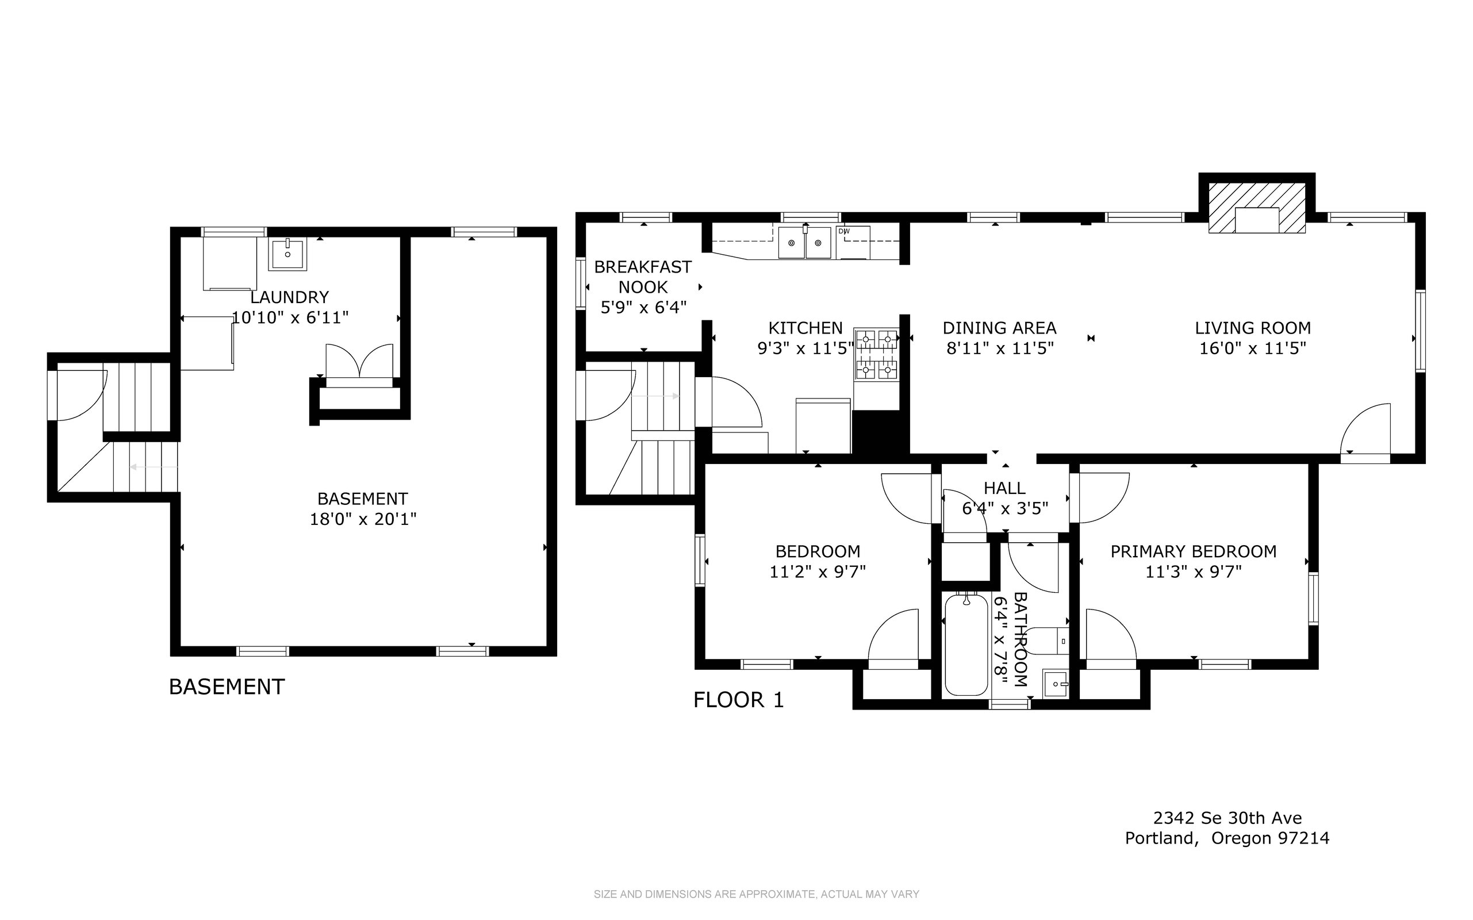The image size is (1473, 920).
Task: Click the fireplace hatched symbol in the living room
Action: pyautogui.click(x=1256, y=208)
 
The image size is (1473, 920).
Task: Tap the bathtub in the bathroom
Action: pyautogui.click(x=965, y=645)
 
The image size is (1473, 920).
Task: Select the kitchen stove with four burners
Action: pyautogui.click(x=876, y=354)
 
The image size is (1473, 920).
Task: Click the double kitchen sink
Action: pyautogui.click(x=805, y=242)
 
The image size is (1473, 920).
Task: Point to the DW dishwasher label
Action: pyautogui.click(x=844, y=231)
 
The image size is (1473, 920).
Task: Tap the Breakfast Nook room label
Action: pyautogui.click(x=643, y=277)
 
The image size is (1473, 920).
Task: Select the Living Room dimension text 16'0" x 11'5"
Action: pyautogui.click(x=1253, y=348)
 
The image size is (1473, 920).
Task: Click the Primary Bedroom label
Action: pyautogui.click(x=1193, y=551)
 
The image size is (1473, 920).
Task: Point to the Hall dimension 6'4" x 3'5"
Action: pyautogui.click(x=1005, y=508)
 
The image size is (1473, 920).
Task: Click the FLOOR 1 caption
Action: pyautogui.click(x=739, y=700)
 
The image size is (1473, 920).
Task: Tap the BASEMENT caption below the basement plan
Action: pyautogui.click(x=227, y=687)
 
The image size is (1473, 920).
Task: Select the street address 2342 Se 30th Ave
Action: pyautogui.click(x=1227, y=818)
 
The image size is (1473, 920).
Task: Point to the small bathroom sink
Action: pyautogui.click(x=1056, y=684)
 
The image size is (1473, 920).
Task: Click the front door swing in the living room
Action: pyautogui.click(x=1366, y=429)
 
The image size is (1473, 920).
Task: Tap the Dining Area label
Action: pyautogui.click(x=1000, y=328)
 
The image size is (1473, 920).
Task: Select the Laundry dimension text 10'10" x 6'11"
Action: pyautogui.click(x=290, y=317)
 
